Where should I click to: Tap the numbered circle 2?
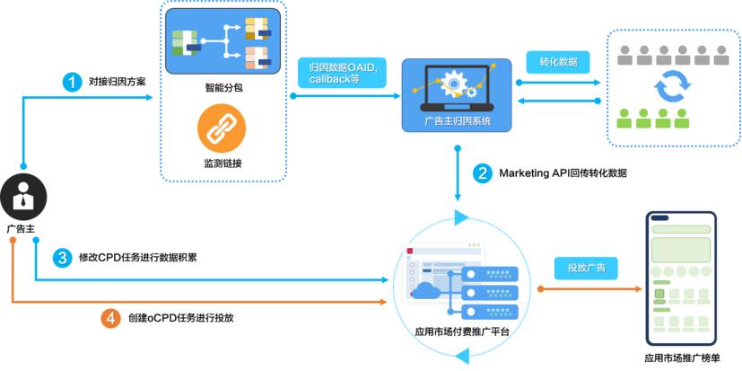point(483,172)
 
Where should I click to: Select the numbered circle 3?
point(62,258)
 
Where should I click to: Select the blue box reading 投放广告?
point(586,267)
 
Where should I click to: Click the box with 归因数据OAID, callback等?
point(342,72)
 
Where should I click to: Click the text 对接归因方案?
point(118,82)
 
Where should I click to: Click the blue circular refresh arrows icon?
point(672,88)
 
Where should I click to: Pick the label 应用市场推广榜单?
point(682,358)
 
